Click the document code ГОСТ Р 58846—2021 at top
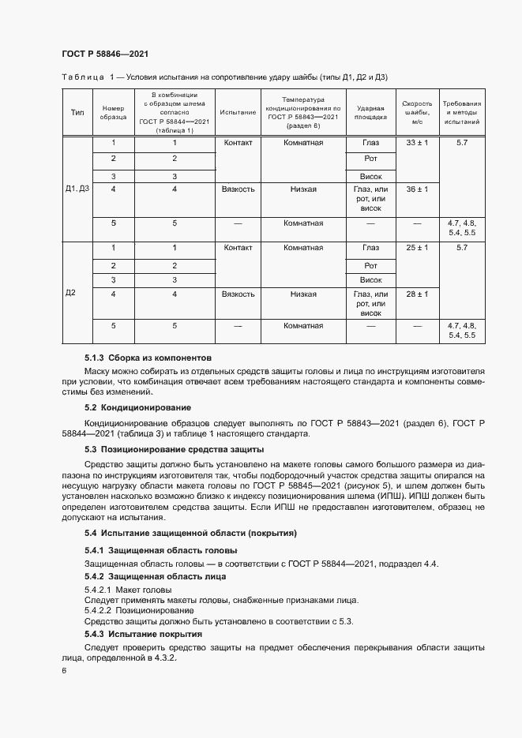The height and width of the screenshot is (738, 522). (x=105, y=54)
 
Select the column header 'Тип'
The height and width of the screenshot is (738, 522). (x=77, y=112)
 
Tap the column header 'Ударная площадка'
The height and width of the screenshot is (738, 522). (x=370, y=112)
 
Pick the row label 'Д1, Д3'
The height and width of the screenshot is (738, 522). (x=77, y=189)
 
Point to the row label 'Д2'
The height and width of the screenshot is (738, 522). (x=70, y=294)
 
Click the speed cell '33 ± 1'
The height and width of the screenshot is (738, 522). (x=416, y=143)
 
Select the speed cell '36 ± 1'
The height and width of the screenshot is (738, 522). (x=416, y=189)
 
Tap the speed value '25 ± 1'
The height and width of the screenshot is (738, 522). (x=416, y=248)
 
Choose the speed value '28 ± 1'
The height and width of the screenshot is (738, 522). (x=416, y=294)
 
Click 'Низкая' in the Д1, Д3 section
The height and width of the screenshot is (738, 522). (x=303, y=189)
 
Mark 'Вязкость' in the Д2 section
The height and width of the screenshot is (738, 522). (x=238, y=294)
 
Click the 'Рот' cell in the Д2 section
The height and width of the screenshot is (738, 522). (x=370, y=265)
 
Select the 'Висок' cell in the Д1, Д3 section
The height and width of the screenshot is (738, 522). (x=370, y=175)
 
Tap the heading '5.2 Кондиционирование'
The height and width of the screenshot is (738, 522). (x=137, y=407)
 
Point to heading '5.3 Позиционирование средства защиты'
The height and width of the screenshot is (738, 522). (x=174, y=448)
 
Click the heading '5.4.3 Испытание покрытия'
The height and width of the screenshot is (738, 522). (x=143, y=634)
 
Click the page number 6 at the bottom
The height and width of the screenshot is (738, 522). (x=64, y=670)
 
